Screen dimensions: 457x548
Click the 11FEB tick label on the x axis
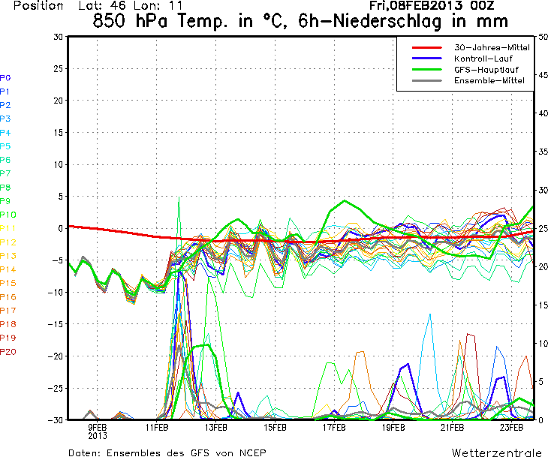[x=157, y=428]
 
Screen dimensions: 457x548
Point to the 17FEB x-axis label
[x=334, y=428]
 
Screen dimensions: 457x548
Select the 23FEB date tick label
[x=511, y=428]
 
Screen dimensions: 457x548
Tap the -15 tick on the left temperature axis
[x=56, y=324]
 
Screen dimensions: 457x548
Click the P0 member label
[x=5, y=77]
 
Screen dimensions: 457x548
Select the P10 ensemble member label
[x=8, y=215]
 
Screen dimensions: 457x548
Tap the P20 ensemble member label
[x=8, y=351]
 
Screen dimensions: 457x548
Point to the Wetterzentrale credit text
[x=496, y=452]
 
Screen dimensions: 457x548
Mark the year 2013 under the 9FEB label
[x=98, y=435]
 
